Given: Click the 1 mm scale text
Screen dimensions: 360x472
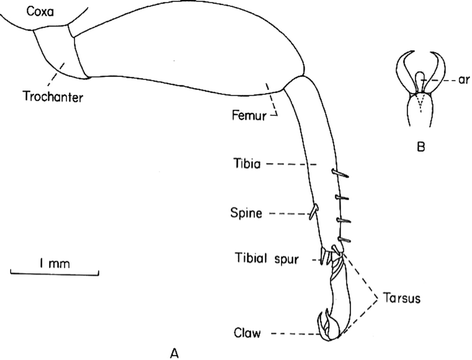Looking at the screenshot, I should point(55,261).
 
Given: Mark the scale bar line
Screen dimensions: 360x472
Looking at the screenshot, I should point(55,272).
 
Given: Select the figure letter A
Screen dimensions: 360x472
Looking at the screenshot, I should point(176,351).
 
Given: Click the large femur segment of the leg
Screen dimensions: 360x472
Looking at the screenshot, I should point(190,50).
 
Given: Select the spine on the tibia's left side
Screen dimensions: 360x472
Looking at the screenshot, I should point(312,210).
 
